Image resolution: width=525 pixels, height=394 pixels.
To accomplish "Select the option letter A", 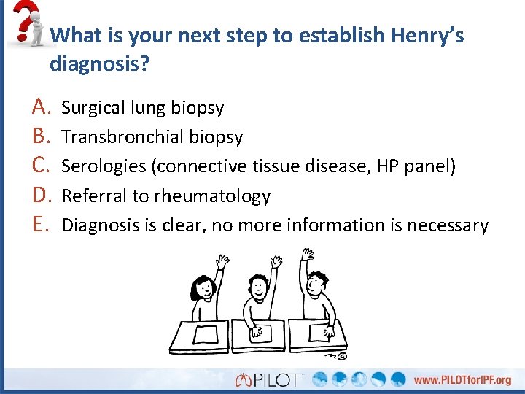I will (40, 107).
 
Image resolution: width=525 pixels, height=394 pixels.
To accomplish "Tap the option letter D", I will (40, 196).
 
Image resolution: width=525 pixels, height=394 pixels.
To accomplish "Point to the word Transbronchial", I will (122, 137).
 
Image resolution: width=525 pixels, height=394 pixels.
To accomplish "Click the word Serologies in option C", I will (103, 166).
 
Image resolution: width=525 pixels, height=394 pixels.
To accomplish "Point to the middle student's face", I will (257, 288).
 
